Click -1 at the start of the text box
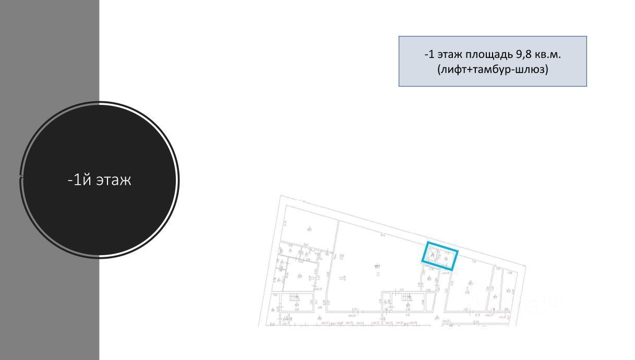pyautogui.click(x=429, y=54)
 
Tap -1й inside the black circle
pyautogui.click(x=77, y=180)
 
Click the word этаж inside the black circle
pyautogui.click(x=114, y=180)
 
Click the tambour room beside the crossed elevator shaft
pyautogui.click(x=447, y=258)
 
